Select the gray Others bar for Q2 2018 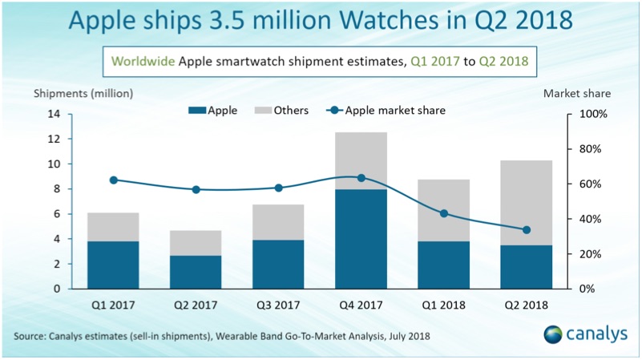click(x=526, y=203)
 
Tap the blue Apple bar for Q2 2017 click(x=196, y=272)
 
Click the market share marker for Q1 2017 click(x=113, y=180)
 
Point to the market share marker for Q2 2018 click(x=526, y=230)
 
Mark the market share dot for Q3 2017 click(x=278, y=188)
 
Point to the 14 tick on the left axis click(x=54, y=114)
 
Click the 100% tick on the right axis click(x=592, y=114)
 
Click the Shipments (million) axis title click(x=83, y=92)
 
